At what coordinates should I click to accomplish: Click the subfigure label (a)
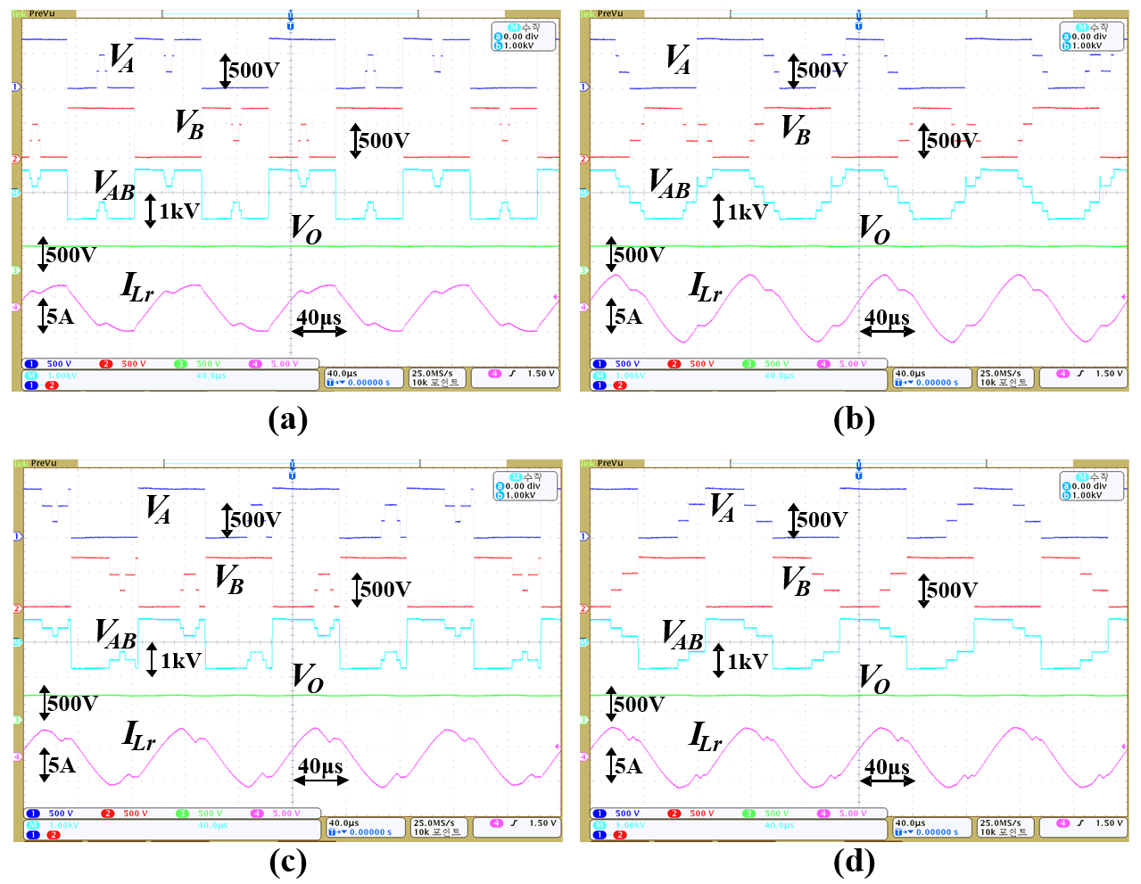[x=287, y=418]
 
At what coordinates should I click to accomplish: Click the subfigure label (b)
[x=854, y=418]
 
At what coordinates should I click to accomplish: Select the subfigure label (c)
[x=287, y=862]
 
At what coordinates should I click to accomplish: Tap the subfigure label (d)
[x=854, y=862]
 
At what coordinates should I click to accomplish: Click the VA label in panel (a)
[x=121, y=58]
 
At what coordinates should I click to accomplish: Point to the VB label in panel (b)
[x=796, y=128]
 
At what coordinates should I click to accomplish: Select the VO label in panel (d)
[x=874, y=678]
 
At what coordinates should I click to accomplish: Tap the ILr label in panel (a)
[x=137, y=287]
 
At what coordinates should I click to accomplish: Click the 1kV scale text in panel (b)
[x=747, y=211]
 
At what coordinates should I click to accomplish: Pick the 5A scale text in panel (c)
[x=62, y=765]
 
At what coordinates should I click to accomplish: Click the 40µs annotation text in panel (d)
[x=887, y=767]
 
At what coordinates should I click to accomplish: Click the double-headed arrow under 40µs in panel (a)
[x=318, y=332]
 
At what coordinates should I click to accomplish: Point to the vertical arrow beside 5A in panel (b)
[x=611, y=317]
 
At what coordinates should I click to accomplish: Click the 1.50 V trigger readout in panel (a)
[x=541, y=374]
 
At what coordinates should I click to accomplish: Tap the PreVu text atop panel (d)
[x=610, y=463]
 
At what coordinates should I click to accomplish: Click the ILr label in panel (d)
[x=706, y=737]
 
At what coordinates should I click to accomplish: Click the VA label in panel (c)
[x=158, y=508]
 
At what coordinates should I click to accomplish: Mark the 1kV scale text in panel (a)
[x=178, y=211]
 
